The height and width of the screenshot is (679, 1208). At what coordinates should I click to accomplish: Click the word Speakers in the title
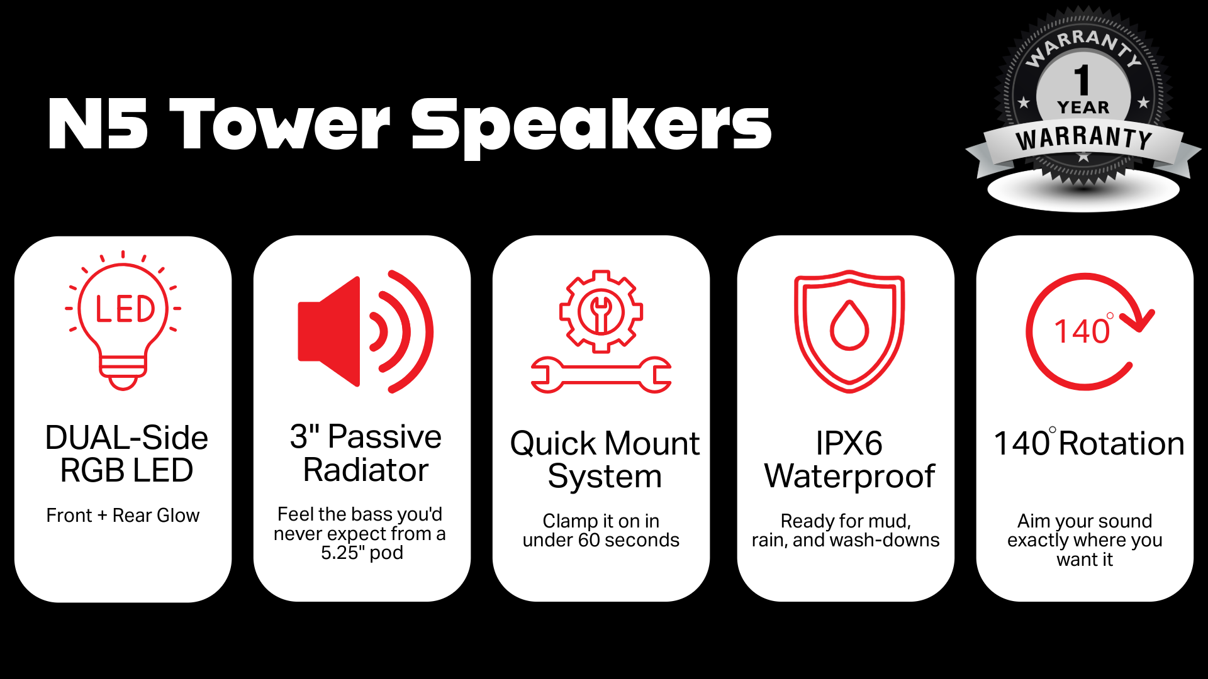(591, 129)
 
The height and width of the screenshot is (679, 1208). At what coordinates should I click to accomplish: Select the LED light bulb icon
(123, 321)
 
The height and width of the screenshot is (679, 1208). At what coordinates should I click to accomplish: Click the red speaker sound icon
(366, 331)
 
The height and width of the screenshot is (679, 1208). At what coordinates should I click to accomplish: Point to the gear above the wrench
(601, 311)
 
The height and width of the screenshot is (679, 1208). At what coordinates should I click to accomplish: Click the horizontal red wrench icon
(601, 375)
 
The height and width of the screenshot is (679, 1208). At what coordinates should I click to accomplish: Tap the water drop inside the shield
(849, 325)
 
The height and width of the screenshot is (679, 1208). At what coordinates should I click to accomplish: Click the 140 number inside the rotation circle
(1082, 331)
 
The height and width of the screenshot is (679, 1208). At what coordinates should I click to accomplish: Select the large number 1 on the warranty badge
(1082, 80)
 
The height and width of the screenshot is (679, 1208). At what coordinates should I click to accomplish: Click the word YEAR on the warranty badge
(1083, 108)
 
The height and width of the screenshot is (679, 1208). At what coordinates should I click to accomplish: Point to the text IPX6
(849, 443)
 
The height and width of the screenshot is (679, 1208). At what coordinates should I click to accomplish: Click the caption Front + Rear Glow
(123, 516)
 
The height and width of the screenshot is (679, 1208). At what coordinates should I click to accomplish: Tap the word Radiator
(366, 470)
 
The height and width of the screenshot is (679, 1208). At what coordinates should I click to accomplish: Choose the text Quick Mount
(605, 443)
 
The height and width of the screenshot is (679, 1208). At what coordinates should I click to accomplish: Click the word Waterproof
(849, 476)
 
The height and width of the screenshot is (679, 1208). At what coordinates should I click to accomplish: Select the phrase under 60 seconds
(601, 540)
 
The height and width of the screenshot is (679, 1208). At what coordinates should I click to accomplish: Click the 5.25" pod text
(362, 553)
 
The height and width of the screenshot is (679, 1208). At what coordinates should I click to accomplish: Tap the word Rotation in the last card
(1122, 443)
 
